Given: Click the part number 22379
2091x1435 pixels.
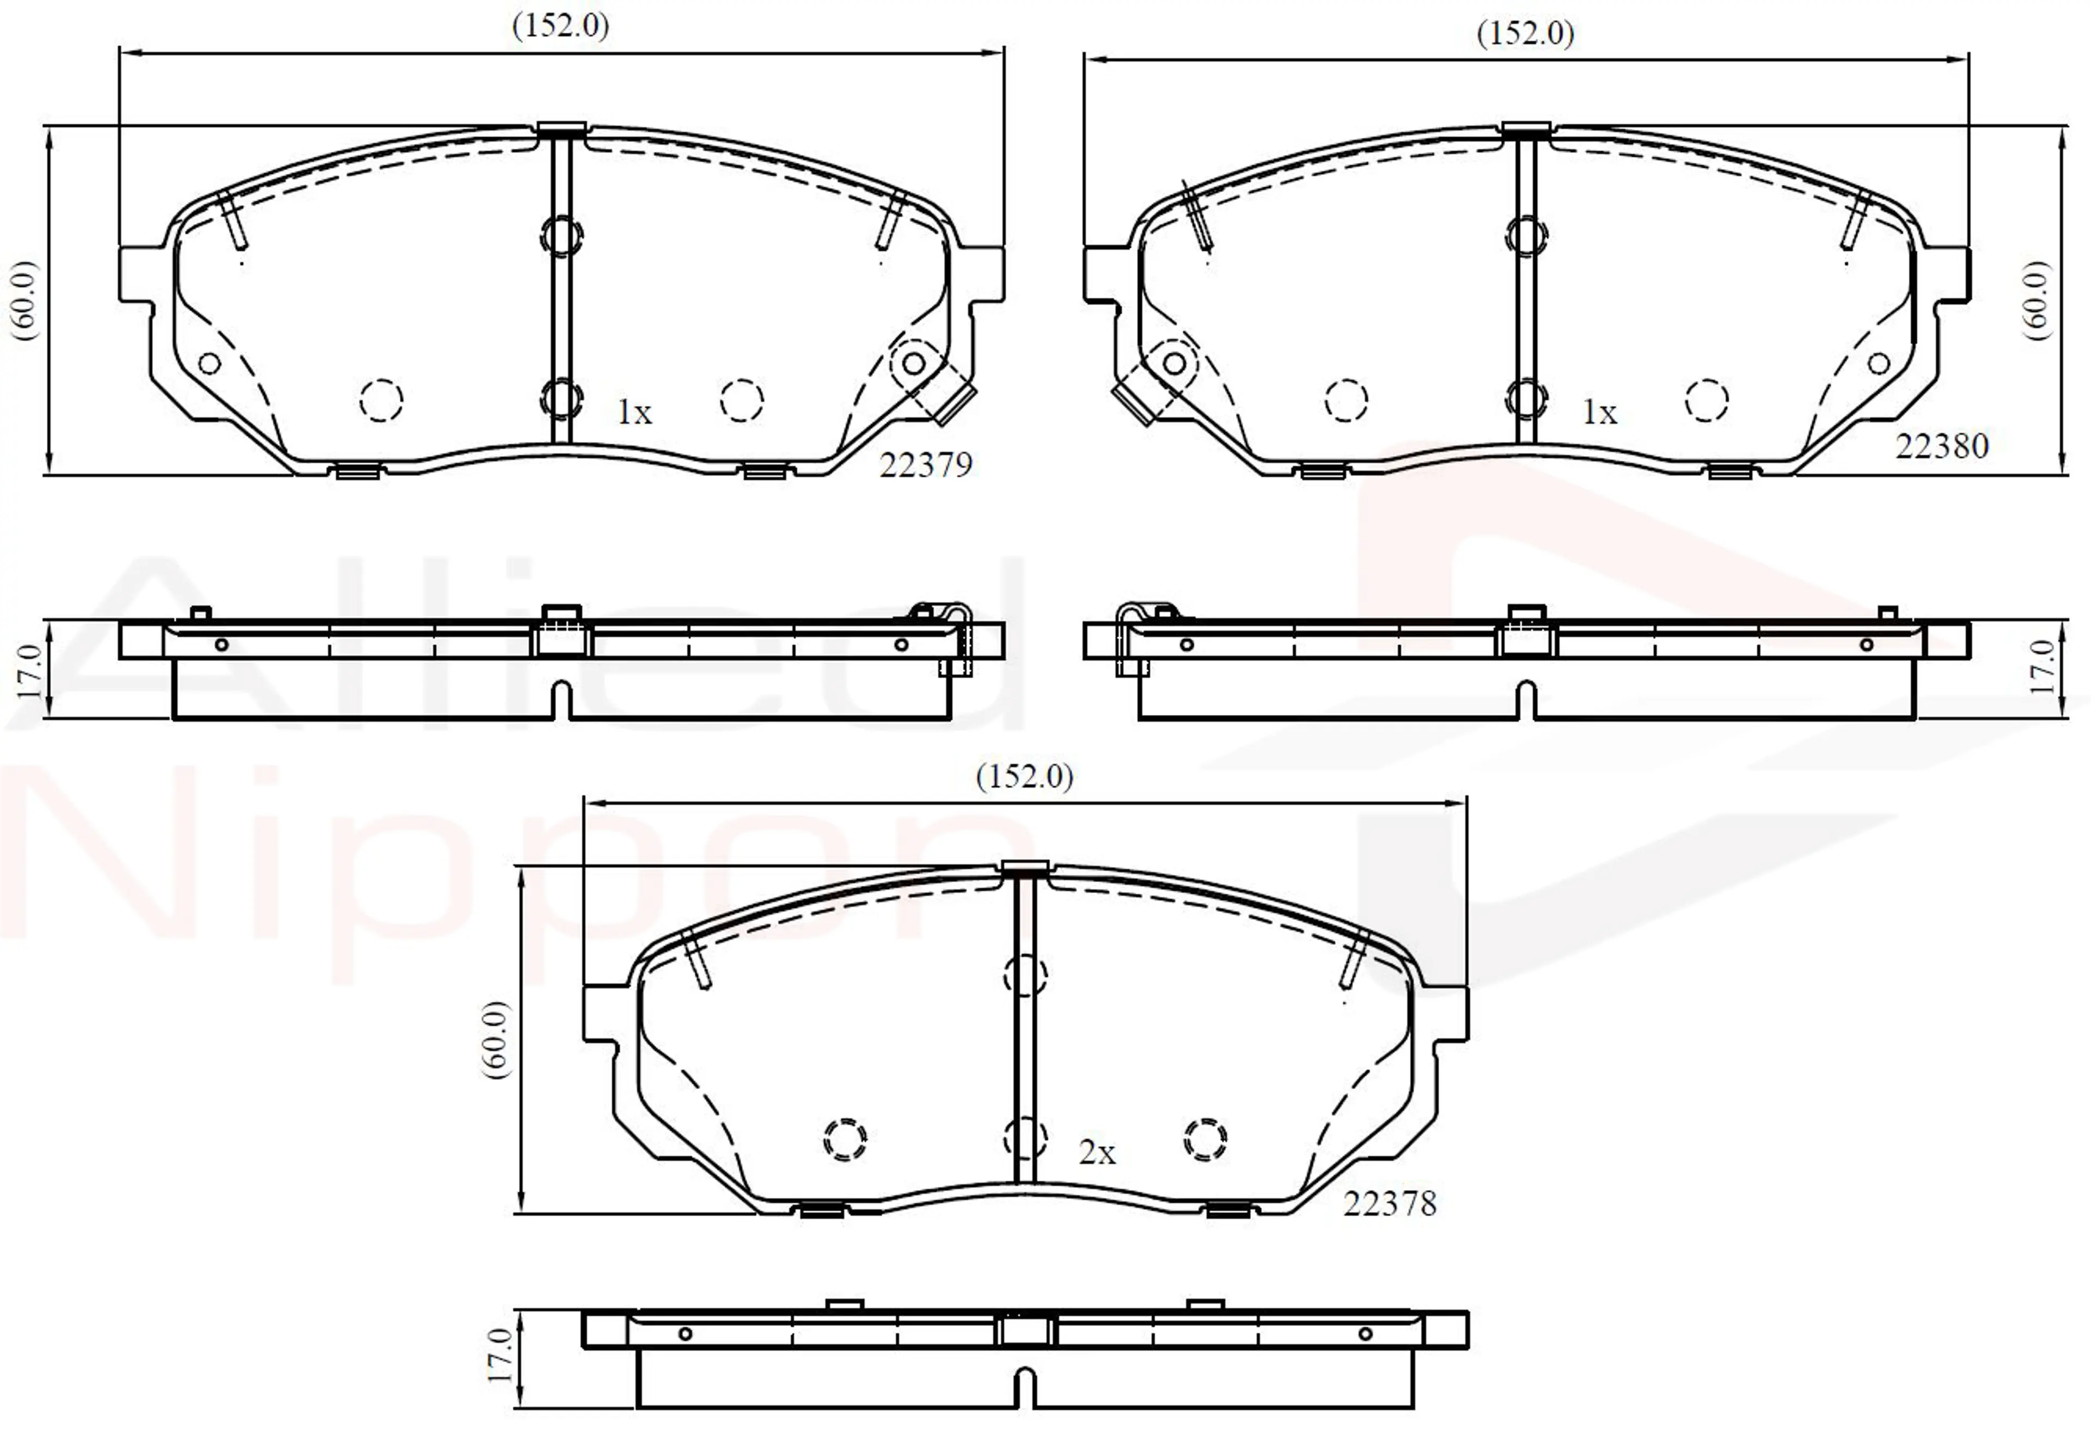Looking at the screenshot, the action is (x=926, y=465).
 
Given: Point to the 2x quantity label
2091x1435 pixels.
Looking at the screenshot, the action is (x=1097, y=1152).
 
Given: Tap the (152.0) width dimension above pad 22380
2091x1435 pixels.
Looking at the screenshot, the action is (x=1526, y=33).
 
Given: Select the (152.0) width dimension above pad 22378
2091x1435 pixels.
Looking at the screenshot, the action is (x=1025, y=776).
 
